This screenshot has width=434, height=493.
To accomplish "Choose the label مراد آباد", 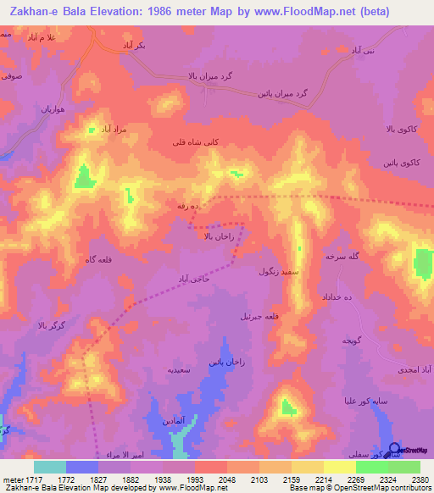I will [x=108, y=130].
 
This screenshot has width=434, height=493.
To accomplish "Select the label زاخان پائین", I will [x=226, y=361].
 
